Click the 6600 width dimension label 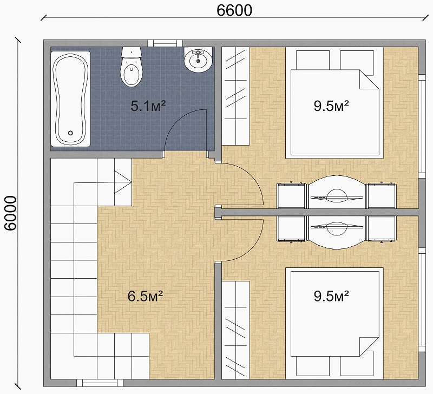point(234,10)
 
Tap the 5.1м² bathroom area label point(148,106)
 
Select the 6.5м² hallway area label point(145,296)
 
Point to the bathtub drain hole point(70,133)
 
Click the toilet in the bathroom point(132,67)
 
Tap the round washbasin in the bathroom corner point(198,60)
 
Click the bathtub point(71,99)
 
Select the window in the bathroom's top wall point(165,43)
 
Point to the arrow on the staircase point(123,182)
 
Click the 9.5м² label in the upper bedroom point(331,106)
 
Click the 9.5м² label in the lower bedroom point(331,296)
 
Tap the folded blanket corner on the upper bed point(369,79)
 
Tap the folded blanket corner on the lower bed point(369,346)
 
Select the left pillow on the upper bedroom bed point(313,60)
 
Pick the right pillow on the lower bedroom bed point(357,366)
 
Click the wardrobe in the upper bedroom point(236,96)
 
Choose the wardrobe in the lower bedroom point(236,330)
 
